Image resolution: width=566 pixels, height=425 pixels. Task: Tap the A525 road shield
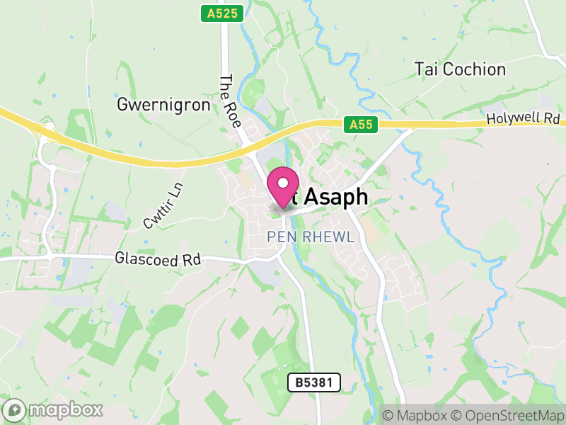tap(221, 13)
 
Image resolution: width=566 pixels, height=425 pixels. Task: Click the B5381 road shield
tap(314, 383)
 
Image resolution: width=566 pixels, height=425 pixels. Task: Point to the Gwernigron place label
tap(163, 106)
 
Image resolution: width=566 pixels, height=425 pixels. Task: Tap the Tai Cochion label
tap(461, 69)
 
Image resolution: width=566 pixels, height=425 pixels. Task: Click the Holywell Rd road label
tap(524, 119)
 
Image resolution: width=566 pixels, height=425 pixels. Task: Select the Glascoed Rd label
tap(158, 260)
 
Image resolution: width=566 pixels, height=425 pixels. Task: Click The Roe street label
tap(231, 101)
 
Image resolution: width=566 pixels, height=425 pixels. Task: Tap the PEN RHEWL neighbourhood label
tap(311, 237)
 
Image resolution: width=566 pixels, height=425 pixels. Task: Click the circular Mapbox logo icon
tap(16, 409)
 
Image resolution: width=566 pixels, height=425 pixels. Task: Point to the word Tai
tap(427, 69)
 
